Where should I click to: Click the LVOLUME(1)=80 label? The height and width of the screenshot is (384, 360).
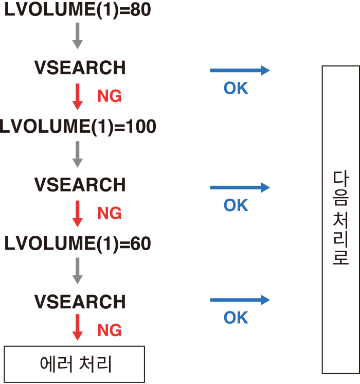[x=78, y=10]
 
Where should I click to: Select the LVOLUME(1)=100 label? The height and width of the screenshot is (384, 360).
[x=78, y=127]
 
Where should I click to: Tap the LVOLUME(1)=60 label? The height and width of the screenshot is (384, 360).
[x=78, y=243]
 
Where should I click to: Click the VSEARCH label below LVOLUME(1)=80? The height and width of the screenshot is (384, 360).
[x=80, y=67]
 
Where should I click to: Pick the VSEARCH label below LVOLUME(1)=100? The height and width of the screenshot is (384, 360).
[x=80, y=185]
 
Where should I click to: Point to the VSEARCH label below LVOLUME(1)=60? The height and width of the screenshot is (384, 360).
[x=80, y=302]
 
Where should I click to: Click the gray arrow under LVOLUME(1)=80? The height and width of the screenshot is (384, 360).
[x=78, y=36]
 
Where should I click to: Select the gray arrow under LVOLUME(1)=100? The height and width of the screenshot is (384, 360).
[x=78, y=154]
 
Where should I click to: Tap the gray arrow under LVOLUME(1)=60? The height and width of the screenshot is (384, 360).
[x=78, y=271]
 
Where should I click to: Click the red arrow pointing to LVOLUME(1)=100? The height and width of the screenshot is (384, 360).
[x=78, y=97]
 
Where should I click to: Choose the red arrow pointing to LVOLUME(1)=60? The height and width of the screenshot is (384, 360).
[x=78, y=214]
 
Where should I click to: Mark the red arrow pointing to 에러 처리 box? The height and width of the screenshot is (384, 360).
[x=78, y=327]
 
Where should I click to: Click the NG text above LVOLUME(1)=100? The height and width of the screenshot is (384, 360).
[x=110, y=96]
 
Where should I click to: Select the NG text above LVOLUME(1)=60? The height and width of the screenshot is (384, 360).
[x=110, y=213]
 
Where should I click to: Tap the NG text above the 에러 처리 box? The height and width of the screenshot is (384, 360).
[x=110, y=330]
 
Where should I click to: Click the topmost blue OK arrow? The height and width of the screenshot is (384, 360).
[x=240, y=71]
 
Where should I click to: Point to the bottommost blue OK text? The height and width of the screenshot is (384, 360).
[x=236, y=318]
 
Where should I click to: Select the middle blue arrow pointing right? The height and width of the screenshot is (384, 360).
[x=240, y=187]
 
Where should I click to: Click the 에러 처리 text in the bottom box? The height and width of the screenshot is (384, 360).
[x=76, y=364]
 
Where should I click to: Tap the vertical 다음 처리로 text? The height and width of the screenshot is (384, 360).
[x=340, y=218]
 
